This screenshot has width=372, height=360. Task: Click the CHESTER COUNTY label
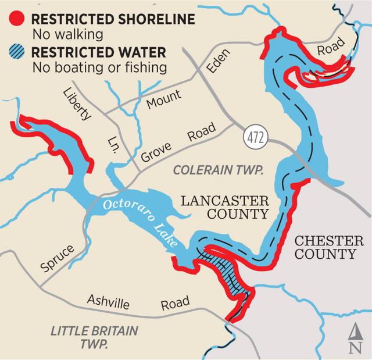pyautogui.click(x=325, y=247)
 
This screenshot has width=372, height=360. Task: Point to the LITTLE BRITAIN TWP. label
pyautogui.click(x=95, y=338)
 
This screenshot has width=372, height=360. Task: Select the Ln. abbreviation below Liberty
pyautogui.click(x=116, y=142)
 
